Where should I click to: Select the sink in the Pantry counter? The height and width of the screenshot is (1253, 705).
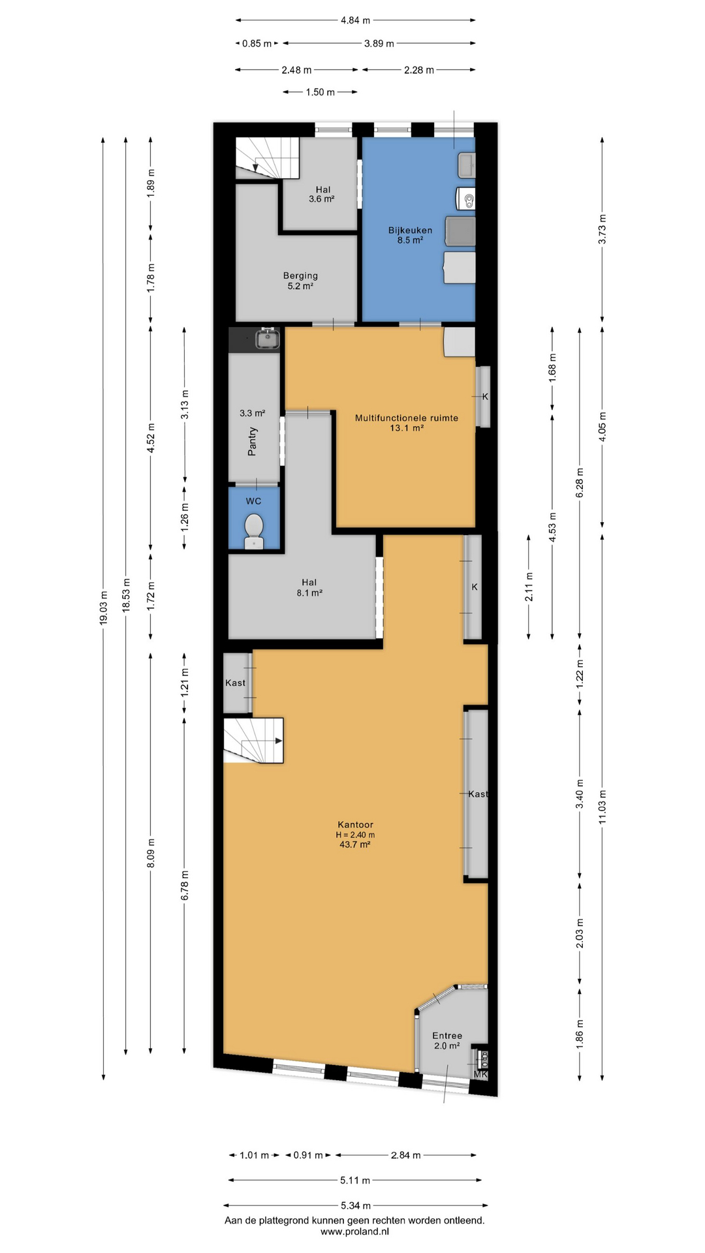[x=268, y=339]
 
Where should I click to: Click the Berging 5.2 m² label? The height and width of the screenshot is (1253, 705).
[x=300, y=281]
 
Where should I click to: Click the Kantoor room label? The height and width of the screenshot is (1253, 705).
[x=355, y=824]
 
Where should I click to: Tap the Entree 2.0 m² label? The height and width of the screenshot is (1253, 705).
[x=447, y=1040]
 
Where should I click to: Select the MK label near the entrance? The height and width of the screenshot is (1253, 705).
[x=480, y=1074]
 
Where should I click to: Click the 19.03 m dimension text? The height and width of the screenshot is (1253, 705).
[x=103, y=608]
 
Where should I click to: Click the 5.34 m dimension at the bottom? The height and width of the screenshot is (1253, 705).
[x=356, y=1205]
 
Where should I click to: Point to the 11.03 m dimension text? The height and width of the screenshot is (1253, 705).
[x=603, y=807]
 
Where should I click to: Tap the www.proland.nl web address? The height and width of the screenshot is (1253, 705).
[x=354, y=1231]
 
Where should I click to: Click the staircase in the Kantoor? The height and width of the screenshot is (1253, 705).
[x=253, y=741]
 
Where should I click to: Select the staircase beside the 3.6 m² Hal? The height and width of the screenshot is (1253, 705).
[x=266, y=158]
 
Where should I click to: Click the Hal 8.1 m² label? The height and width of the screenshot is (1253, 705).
[x=309, y=587]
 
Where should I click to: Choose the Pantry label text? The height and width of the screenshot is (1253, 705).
[x=253, y=442]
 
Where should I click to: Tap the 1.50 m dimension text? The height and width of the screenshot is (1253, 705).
[x=320, y=92]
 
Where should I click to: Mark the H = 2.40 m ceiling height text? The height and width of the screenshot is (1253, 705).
[x=355, y=835]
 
